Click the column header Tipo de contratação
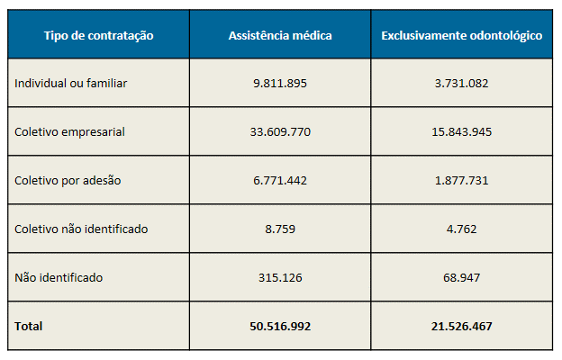(x=99, y=35)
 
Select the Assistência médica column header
(x=280, y=35)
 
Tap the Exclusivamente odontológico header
(x=461, y=35)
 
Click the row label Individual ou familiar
(x=71, y=84)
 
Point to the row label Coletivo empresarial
(x=69, y=132)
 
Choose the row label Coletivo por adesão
(x=68, y=180)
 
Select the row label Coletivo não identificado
(x=81, y=229)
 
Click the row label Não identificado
(x=59, y=277)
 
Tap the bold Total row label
(x=29, y=326)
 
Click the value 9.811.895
(x=280, y=84)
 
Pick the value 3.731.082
(x=461, y=84)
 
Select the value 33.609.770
(x=280, y=132)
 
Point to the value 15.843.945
(x=461, y=132)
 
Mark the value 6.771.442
(x=280, y=180)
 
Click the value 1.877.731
(x=461, y=180)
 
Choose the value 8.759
(x=280, y=229)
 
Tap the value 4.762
(x=461, y=229)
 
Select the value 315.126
(x=280, y=277)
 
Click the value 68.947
(x=461, y=277)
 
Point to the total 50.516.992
(x=280, y=326)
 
